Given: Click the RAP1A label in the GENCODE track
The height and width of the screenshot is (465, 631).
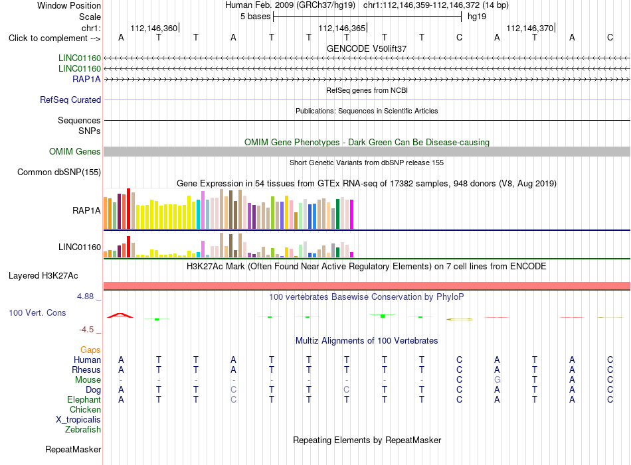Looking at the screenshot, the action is [x=86, y=79].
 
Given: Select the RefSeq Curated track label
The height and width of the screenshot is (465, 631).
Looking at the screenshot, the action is [x=70, y=100].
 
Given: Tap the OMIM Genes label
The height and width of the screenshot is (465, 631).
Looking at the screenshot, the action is [x=75, y=151].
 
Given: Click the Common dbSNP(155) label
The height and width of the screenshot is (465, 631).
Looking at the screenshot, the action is [x=59, y=172].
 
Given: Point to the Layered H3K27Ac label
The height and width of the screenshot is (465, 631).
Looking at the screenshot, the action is [x=43, y=276].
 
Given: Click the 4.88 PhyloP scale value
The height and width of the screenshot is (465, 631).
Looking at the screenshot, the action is [x=85, y=297].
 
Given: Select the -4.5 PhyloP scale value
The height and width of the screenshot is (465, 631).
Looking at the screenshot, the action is [x=86, y=330].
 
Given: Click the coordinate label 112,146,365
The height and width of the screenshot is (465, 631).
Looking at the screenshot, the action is [x=341, y=28].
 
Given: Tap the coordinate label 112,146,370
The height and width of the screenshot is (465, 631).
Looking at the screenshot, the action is [x=529, y=28].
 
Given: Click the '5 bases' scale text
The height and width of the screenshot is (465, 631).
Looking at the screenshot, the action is [x=256, y=17].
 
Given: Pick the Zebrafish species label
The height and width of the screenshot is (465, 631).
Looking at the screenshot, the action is [x=83, y=430].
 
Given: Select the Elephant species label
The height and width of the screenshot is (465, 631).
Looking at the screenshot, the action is [x=84, y=399].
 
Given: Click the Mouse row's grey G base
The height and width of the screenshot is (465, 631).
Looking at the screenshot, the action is [x=497, y=380].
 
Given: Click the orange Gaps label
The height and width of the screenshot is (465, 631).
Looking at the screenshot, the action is [x=90, y=350].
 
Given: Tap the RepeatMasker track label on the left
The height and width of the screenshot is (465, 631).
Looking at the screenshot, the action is [x=73, y=449].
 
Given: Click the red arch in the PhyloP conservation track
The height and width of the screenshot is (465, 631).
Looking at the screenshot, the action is [x=120, y=315].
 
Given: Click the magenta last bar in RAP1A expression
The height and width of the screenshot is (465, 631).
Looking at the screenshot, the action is [x=352, y=214].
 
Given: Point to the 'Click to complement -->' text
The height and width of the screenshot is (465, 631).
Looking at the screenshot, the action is [x=54, y=38].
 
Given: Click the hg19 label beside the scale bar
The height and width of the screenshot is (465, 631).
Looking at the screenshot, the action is [x=477, y=17].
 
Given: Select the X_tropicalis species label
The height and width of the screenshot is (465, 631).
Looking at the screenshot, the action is [x=78, y=420].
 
